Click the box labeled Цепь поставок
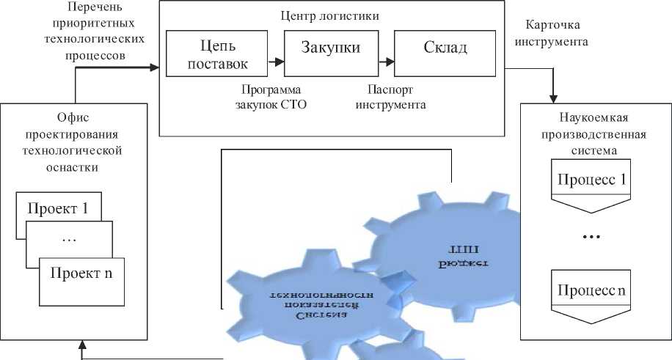[218, 54]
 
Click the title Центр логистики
[331, 15]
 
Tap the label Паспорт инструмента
[390, 97]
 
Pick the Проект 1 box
[58, 207]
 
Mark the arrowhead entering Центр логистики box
[154, 67]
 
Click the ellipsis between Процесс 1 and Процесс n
[591, 237]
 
